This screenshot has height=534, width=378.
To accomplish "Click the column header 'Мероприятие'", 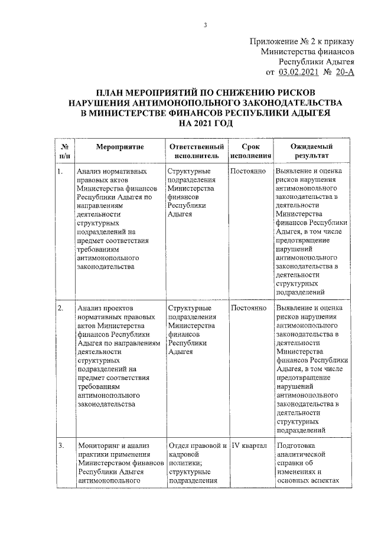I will [120, 146].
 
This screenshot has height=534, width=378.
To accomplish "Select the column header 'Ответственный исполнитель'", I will [196, 151].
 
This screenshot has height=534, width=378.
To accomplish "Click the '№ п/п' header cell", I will [65, 151].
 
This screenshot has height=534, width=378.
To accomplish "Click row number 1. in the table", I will [61, 172].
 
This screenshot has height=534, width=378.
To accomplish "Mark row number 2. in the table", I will [61, 309].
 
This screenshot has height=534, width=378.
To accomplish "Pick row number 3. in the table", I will [61, 445].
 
